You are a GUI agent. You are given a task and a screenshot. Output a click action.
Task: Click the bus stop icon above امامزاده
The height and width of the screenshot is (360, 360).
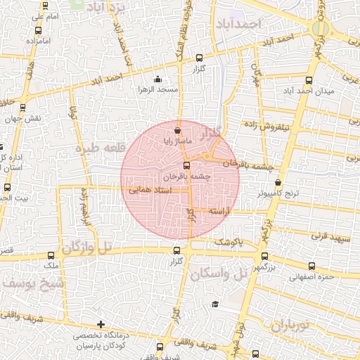tap(37, 31)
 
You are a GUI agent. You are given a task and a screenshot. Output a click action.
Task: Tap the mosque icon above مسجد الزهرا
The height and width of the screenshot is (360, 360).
tap(157, 79)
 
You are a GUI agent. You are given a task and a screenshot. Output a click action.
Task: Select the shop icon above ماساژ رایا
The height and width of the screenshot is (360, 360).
tap(176, 130)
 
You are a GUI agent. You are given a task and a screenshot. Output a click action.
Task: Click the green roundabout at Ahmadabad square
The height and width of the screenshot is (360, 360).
tap(321, 30)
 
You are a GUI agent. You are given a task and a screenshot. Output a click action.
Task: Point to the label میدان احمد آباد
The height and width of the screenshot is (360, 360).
tap(307, 91)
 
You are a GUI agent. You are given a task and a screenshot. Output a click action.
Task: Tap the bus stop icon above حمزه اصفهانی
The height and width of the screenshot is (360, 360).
tap(311, 266)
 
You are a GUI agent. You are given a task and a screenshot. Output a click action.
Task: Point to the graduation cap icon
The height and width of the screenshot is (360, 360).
tap(214, 304)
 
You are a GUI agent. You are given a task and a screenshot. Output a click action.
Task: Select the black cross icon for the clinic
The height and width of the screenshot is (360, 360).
tap(102, 325)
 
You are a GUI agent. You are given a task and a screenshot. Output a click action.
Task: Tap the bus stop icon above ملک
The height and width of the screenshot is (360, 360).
tap(51, 256)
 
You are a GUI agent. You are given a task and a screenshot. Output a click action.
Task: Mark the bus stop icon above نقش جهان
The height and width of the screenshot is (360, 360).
tap(23, 108)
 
